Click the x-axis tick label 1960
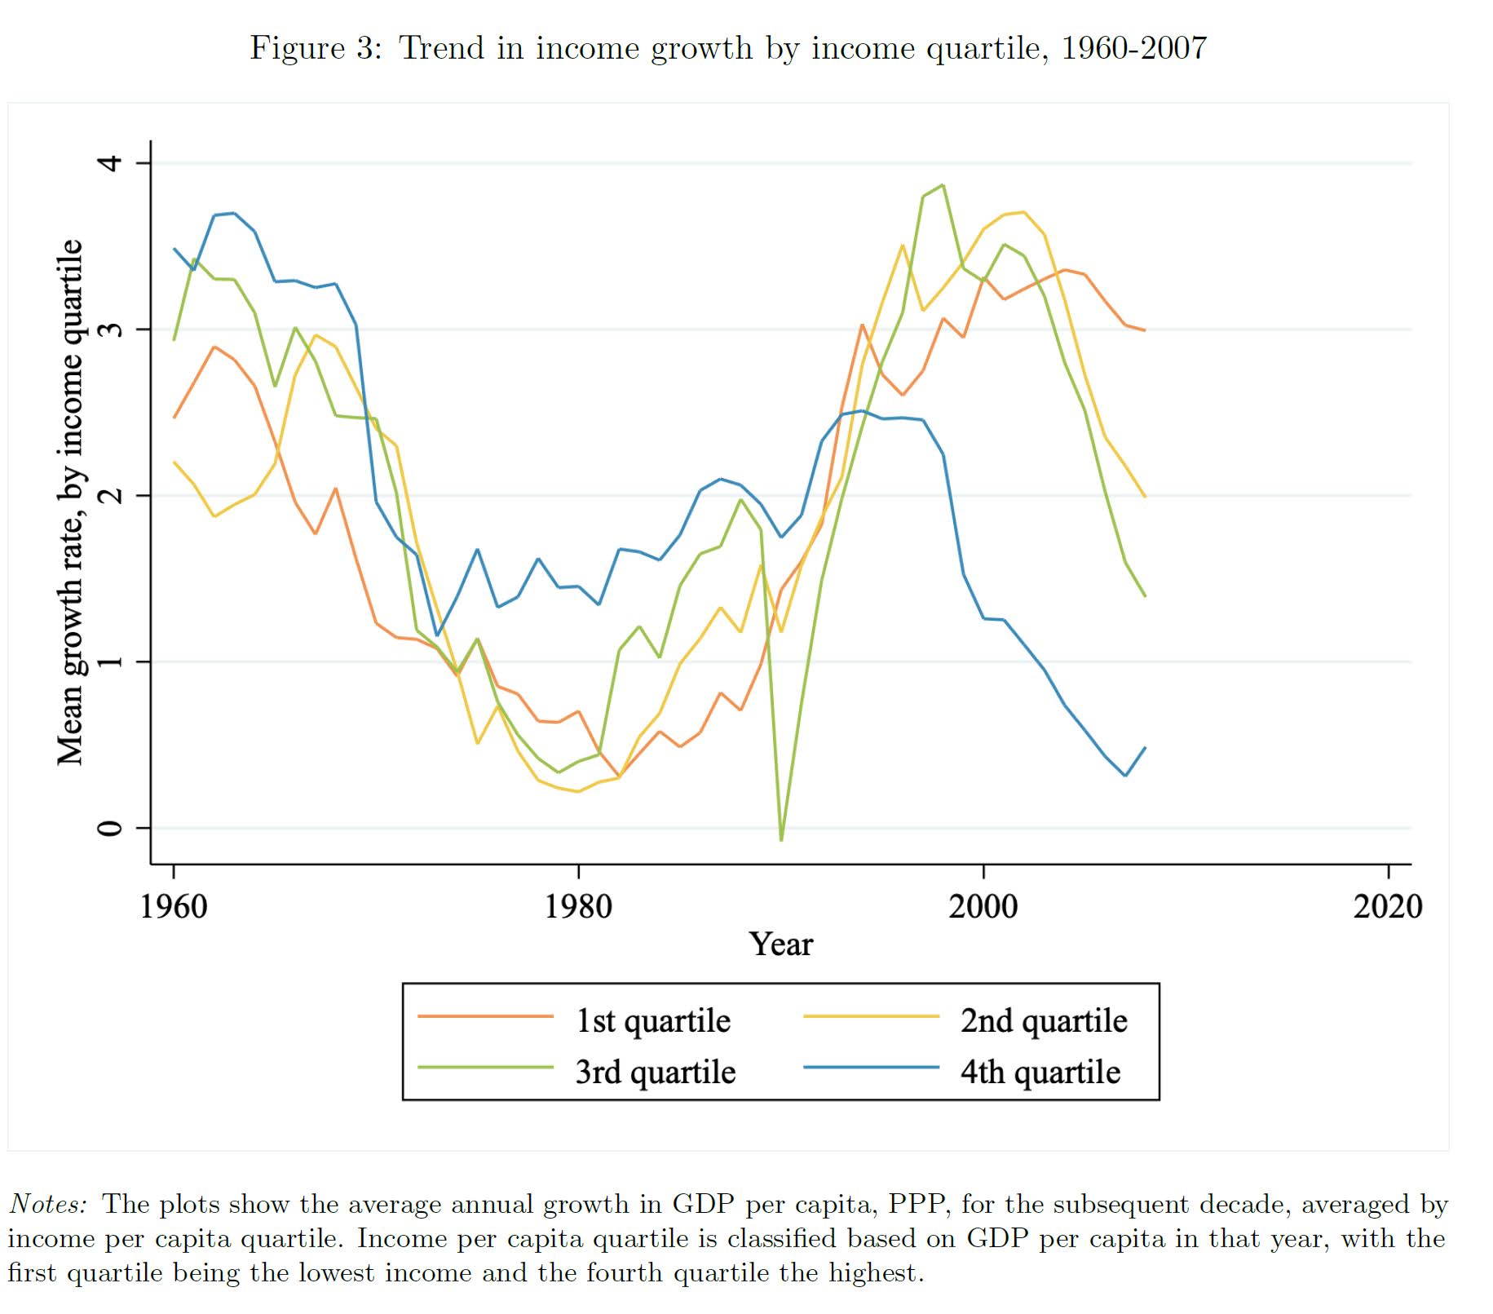point(174,906)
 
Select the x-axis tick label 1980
point(578,906)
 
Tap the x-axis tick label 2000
point(983,906)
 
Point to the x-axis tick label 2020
point(1388,906)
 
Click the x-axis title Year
point(780,945)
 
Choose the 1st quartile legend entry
point(652,1021)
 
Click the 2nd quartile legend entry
point(1043,1021)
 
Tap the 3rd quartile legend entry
point(655,1072)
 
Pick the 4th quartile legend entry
point(1040,1072)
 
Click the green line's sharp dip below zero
point(781,839)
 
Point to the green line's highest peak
point(943,185)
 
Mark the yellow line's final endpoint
point(1145,496)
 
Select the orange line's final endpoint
point(1145,330)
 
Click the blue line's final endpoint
point(1145,748)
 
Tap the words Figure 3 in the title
point(315,48)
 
